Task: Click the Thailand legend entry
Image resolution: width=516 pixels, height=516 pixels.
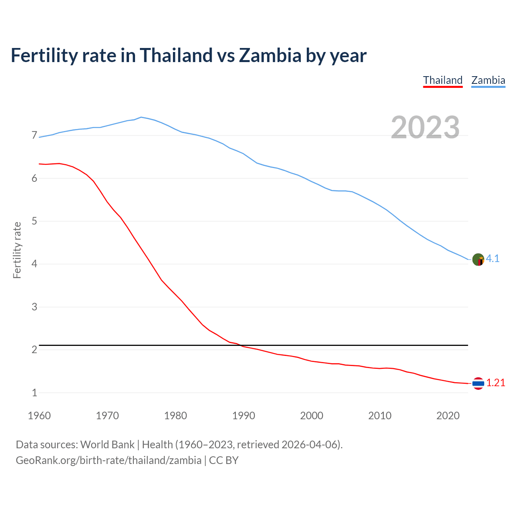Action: coord(443,80)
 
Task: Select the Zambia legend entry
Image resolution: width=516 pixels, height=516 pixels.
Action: coord(488,80)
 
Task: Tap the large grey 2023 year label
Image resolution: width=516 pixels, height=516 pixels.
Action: coord(425,127)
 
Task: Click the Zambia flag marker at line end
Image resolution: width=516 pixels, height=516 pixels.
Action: coord(478,260)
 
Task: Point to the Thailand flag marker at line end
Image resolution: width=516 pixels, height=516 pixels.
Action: coord(478,383)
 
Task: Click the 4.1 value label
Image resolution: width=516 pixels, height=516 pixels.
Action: coord(493,259)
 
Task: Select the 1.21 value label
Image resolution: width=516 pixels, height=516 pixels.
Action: coord(495,383)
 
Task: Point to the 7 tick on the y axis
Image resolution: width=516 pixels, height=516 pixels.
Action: coord(34,135)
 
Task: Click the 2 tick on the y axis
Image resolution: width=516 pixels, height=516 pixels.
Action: coord(34,350)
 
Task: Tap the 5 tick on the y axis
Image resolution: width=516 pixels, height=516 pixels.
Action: coord(34,221)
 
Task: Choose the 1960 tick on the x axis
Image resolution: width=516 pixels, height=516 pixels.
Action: coord(39,416)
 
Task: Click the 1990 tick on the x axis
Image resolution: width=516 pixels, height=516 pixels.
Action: coord(243,416)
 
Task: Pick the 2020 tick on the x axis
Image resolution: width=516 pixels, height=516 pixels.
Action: coord(448,416)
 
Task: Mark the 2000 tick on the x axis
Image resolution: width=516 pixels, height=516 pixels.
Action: coord(312,416)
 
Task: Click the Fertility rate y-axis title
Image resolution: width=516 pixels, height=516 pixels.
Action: coord(17,250)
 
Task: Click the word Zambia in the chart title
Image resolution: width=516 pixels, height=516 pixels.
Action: coord(270,55)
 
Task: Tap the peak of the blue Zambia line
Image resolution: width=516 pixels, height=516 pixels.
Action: coord(141,117)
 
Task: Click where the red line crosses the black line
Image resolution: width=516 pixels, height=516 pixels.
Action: coord(240,345)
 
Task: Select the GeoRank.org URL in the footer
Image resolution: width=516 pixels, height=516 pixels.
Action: coord(108,460)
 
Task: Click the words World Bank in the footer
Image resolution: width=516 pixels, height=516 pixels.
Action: coord(107,445)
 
